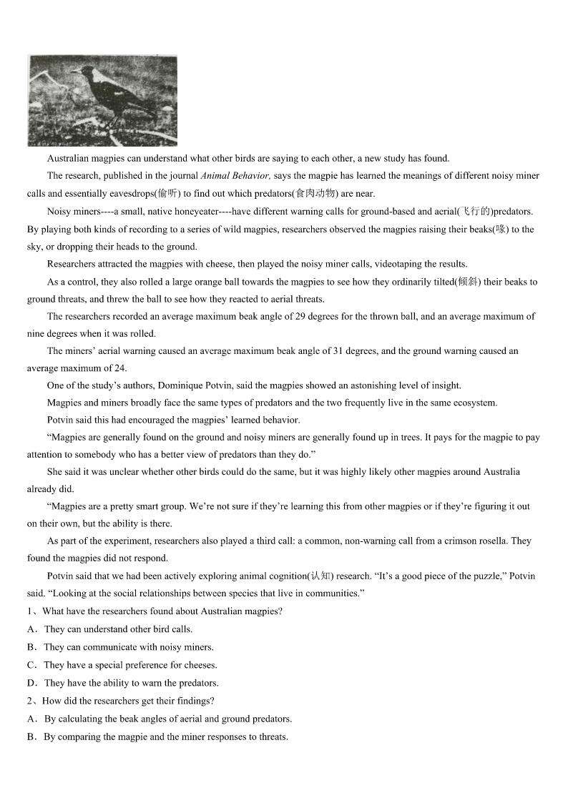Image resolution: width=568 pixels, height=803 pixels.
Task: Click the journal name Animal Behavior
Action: (235, 176)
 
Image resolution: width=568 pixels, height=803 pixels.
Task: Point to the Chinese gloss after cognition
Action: (320, 576)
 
